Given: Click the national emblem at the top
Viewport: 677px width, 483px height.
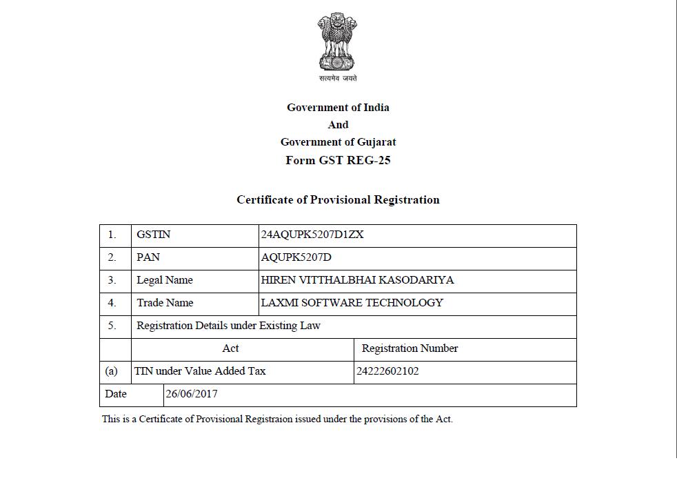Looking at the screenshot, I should (338, 43).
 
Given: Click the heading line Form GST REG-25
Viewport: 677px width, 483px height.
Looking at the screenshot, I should (338, 160).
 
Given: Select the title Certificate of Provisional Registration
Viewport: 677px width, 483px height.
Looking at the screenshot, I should (338, 200).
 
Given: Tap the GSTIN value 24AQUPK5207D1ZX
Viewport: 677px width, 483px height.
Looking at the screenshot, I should (312, 235).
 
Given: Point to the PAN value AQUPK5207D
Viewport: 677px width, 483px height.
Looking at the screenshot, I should (296, 257).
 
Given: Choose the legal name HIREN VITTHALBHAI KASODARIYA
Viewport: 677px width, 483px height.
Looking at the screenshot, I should (357, 280).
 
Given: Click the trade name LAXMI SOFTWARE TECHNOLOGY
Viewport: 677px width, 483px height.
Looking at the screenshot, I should (352, 303).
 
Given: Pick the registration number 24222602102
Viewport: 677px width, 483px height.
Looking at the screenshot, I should (387, 371).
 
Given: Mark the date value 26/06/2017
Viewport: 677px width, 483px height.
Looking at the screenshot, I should (192, 394).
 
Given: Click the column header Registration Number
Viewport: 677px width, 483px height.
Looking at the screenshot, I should (410, 348).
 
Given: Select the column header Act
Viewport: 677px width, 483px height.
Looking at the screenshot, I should (231, 348).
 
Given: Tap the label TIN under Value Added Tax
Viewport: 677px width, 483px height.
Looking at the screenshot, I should (200, 371).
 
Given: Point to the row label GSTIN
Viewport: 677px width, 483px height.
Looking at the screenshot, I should (153, 235).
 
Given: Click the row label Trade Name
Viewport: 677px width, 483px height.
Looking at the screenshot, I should (165, 303).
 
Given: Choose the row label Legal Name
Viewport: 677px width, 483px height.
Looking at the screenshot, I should (164, 280).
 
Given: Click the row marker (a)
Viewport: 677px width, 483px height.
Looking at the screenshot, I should (111, 371).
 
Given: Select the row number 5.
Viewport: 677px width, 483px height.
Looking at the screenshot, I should (112, 326).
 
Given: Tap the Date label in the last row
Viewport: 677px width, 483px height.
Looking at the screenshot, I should (116, 394).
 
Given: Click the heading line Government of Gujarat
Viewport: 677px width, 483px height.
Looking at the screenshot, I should (338, 142).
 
